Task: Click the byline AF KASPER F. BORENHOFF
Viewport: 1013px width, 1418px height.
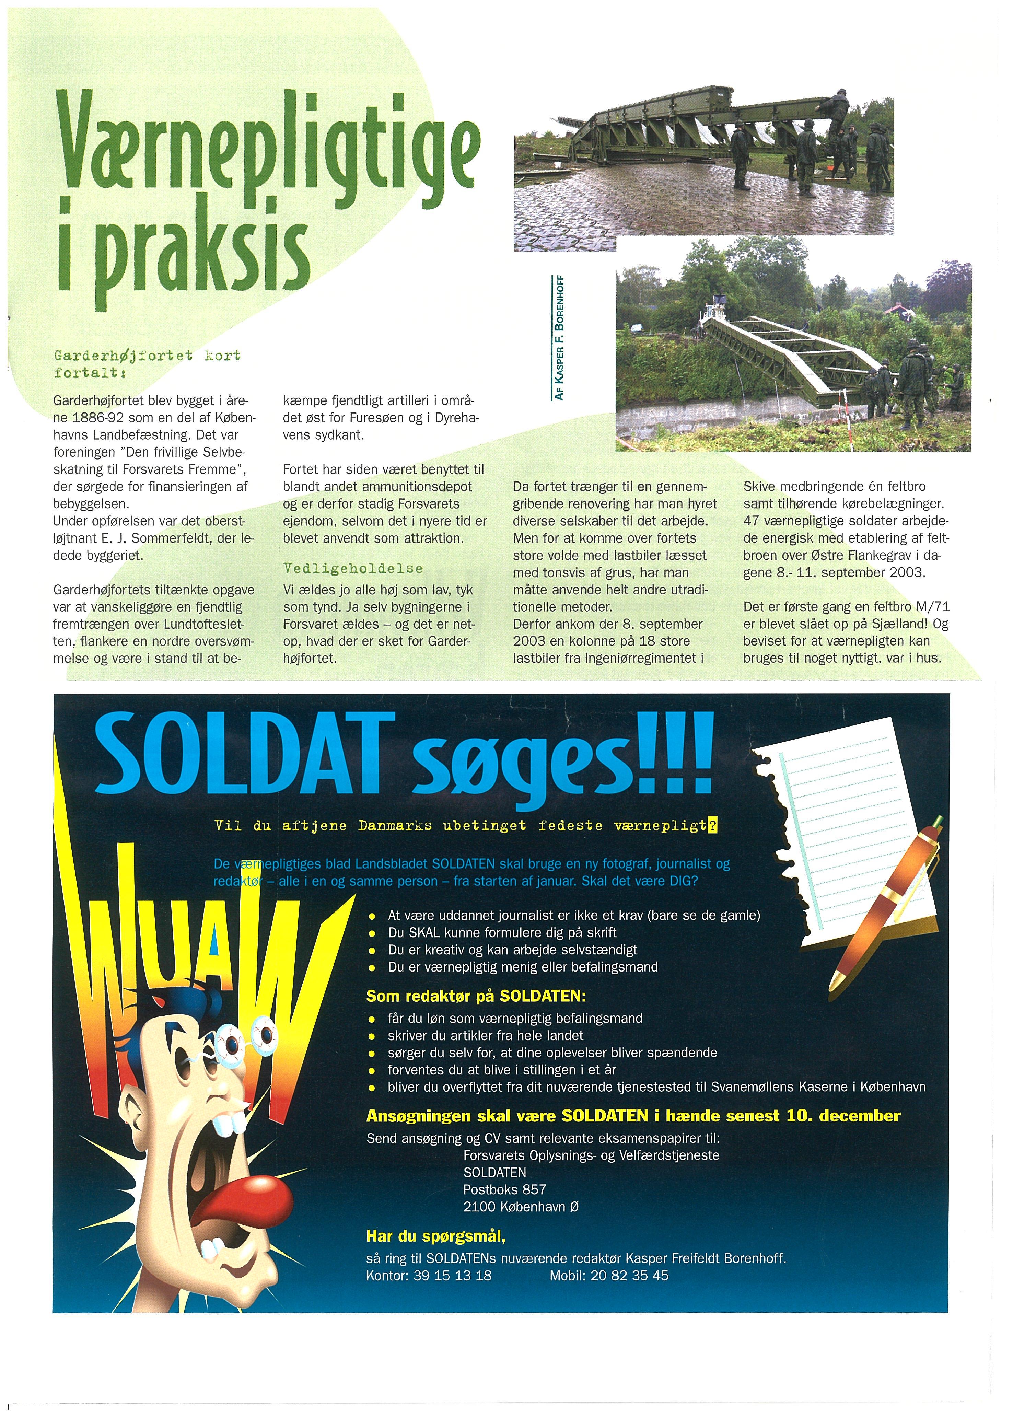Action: point(560,337)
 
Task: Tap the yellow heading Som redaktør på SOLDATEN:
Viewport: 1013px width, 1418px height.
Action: point(476,996)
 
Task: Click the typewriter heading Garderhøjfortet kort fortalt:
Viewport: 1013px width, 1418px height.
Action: point(147,364)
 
